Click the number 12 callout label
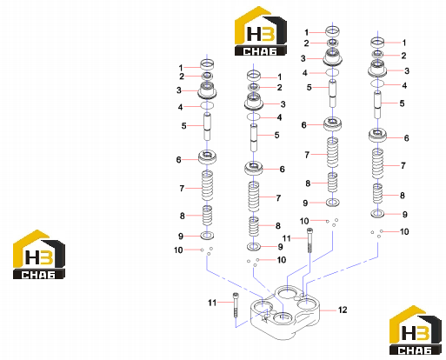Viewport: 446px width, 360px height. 343,310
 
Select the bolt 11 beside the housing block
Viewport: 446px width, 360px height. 236,305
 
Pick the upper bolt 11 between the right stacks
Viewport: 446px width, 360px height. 310,240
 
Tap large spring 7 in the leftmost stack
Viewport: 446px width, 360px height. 207,185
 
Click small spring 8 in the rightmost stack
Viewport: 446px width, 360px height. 377,194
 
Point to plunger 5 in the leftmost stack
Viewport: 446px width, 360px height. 207,127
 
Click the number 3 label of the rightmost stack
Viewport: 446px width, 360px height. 407,70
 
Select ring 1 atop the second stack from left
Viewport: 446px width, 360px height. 254,76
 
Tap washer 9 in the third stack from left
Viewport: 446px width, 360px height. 332,203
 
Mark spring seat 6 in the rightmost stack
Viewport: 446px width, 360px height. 377,135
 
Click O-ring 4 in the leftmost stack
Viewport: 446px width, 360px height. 207,105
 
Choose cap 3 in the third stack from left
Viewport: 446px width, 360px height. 332,57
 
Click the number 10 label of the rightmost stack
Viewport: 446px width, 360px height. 404,231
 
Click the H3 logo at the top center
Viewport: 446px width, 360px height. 261,30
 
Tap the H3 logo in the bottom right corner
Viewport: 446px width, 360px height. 416,330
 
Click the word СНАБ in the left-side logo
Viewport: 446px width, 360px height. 38,275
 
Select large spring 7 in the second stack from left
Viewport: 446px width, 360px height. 254,197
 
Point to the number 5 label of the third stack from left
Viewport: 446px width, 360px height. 310,87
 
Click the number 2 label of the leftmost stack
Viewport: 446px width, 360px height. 182,77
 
